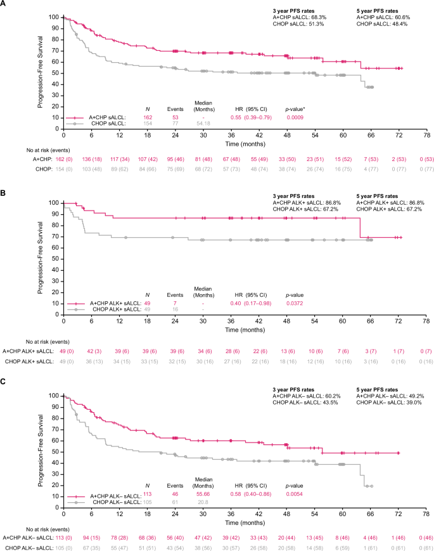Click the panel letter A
(4, 4)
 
